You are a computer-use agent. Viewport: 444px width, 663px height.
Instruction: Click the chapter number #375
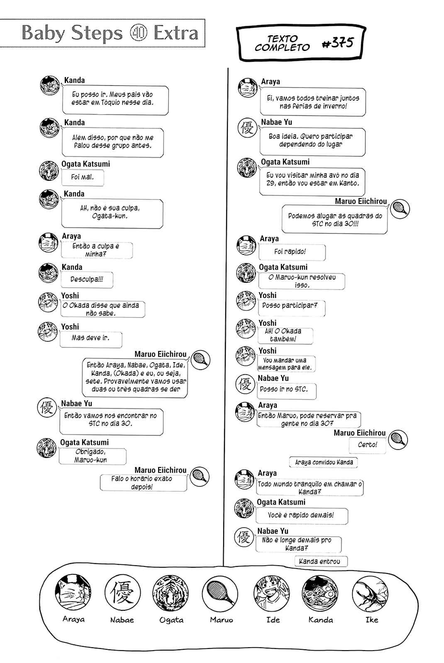pos(338,43)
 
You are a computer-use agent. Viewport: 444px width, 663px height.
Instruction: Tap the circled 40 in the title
pos(138,33)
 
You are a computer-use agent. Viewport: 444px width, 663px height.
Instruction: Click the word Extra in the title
pos(176,33)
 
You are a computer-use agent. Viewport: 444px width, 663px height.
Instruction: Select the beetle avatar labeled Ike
pos(370,593)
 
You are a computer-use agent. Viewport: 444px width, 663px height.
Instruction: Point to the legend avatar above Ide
pos(271,593)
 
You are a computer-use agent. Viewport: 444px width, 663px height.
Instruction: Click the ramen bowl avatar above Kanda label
pos(320,593)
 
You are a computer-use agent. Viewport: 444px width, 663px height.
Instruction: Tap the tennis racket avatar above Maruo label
pos(220,593)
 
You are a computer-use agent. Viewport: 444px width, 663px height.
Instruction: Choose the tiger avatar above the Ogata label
pos(171,593)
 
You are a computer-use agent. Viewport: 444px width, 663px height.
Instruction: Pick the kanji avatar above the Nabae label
pos(122,593)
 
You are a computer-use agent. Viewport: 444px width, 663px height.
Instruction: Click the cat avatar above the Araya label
pos(73,592)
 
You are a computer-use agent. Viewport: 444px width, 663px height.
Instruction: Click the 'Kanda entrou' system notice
pos(321,561)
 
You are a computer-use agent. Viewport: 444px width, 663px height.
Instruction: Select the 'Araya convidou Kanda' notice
pos(323,462)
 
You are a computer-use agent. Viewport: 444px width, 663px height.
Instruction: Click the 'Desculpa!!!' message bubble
pos(87,279)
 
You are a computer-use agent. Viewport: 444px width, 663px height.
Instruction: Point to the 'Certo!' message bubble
pos(368,445)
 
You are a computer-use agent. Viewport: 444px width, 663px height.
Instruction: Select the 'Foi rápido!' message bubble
pos(292,252)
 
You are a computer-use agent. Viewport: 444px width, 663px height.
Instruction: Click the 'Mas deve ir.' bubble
pos(91,339)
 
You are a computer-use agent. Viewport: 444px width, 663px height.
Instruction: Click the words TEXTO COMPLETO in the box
pos(282,43)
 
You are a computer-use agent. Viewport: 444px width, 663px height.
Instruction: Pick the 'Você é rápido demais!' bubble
pos(301,515)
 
